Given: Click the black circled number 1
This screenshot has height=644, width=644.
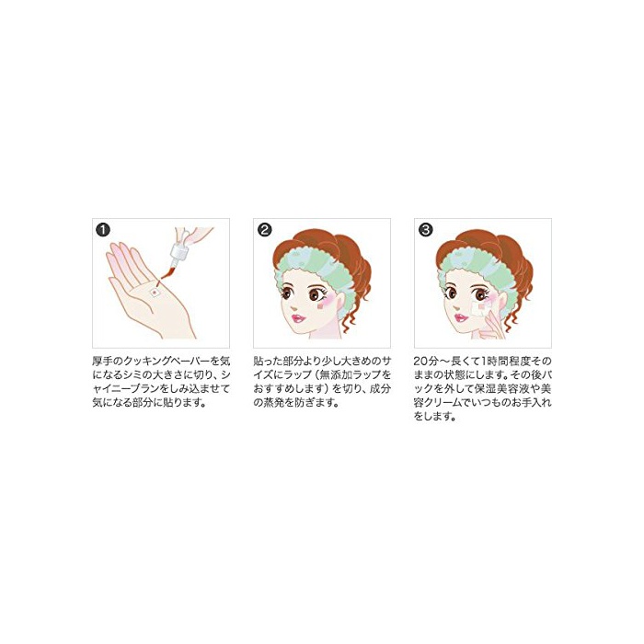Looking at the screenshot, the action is coord(103,230).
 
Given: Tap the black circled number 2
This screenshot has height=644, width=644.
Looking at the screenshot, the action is coord(265,230).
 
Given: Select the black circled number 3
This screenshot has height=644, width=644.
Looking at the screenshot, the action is coord(425,230).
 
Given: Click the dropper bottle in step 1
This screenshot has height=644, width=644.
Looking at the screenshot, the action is coord(178,255).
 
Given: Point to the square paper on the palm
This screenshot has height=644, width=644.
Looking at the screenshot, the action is coord(155,292).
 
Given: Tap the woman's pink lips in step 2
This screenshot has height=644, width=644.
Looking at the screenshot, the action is coord(297,318).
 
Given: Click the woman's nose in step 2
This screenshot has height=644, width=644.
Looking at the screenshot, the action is coord(294,306).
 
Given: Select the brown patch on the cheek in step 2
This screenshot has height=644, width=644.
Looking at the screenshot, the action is coord(321,305).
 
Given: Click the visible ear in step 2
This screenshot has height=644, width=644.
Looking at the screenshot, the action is coord(340,303).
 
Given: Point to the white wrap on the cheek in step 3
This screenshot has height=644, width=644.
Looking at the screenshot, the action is coord(480,308).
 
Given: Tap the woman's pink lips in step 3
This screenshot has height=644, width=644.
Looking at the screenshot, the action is coord(460,317).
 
